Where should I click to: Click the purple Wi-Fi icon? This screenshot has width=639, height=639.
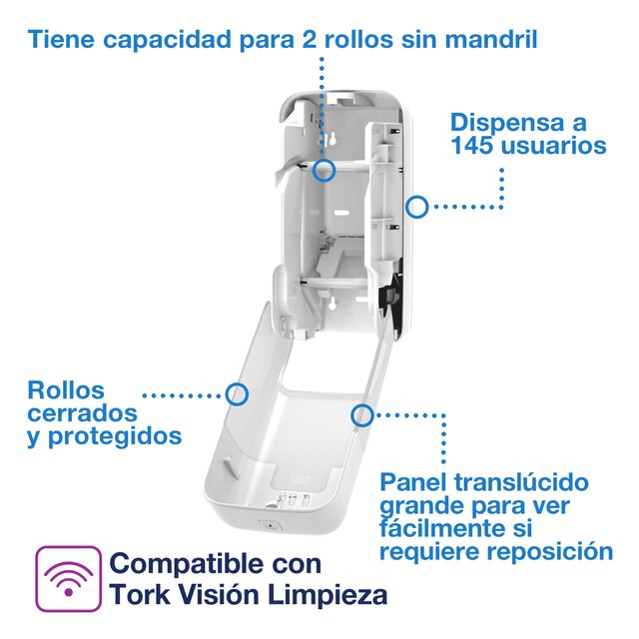click(x=68, y=578)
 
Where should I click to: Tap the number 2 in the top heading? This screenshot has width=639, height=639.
click(x=311, y=41)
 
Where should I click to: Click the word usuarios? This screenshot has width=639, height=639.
click(x=560, y=146)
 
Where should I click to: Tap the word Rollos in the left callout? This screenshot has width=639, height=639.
click(x=66, y=390)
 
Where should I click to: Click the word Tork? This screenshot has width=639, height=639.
click(x=139, y=596)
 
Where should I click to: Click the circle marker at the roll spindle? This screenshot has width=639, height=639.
click(x=323, y=170)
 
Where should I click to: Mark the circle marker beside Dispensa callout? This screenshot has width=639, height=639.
click(x=417, y=208)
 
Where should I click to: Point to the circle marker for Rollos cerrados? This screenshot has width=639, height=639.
click(x=237, y=393)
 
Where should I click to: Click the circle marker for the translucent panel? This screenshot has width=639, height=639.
click(x=362, y=414)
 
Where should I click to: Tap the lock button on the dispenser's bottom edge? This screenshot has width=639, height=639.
click(x=267, y=524)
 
